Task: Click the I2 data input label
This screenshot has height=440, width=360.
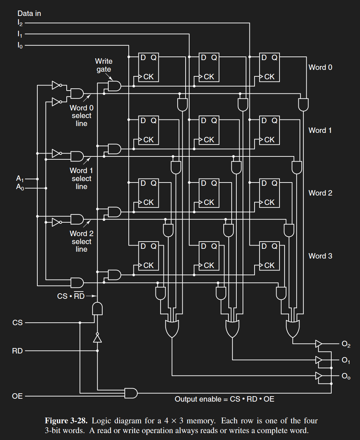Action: pyautogui.click(x=20, y=23)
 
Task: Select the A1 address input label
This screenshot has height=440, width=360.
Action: pyautogui.click(x=20, y=178)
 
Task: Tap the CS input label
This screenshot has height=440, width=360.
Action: pyautogui.click(x=17, y=323)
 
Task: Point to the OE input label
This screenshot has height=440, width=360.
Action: pyautogui.click(x=17, y=396)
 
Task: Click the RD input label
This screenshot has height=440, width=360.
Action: pyautogui.click(x=17, y=351)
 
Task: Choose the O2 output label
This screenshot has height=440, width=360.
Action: pyautogui.click(x=346, y=344)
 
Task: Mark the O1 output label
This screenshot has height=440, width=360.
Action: pyautogui.click(x=346, y=360)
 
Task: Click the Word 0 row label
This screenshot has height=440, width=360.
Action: pyautogui.click(x=320, y=67)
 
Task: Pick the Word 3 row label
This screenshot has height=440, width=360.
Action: pyautogui.click(x=320, y=256)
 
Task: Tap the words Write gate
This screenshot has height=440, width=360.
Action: pyautogui.click(x=104, y=65)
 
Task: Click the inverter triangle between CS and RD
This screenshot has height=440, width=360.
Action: pyautogui.click(x=97, y=338)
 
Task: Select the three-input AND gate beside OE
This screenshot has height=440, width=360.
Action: pyautogui.click(x=131, y=393)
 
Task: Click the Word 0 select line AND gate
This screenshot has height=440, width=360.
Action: pyautogui.click(x=77, y=93)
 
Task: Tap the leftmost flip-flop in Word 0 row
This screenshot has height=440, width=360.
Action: pyautogui.click(x=149, y=67)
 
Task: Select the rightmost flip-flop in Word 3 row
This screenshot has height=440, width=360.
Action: pyautogui.click(x=269, y=256)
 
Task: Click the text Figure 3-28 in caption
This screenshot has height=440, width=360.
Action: pyautogui.click(x=66, y=421)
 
